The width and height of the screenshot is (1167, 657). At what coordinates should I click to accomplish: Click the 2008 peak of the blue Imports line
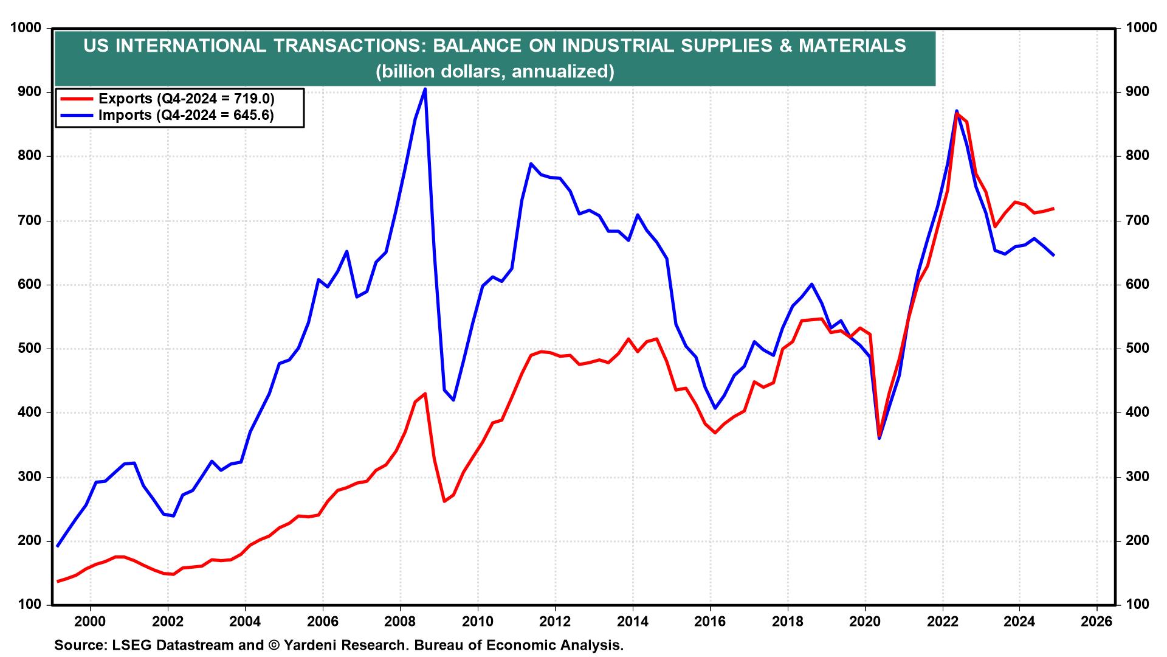click(424, 89)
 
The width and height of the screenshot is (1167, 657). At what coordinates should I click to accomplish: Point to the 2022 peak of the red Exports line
click(957, 113)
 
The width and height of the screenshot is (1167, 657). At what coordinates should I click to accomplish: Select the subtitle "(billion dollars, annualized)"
click(495, 72)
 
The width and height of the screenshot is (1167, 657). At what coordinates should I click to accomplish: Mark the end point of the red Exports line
click(1053, 209)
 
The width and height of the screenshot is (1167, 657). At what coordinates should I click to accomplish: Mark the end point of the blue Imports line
click(1053, 255)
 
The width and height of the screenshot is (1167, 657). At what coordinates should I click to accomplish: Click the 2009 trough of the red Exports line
click(444, 501)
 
